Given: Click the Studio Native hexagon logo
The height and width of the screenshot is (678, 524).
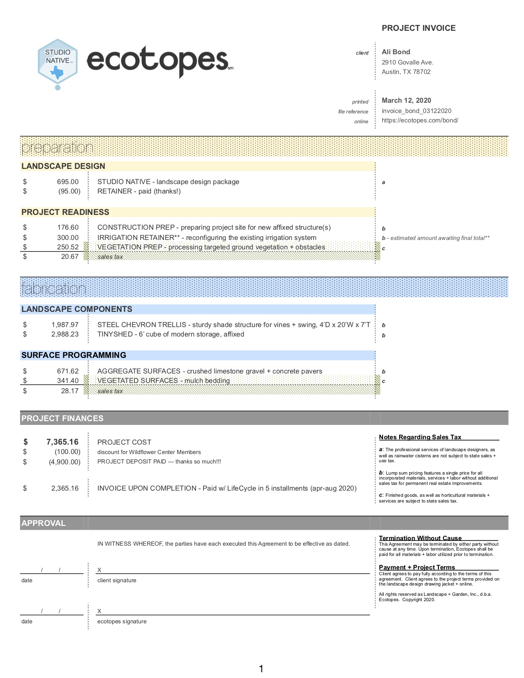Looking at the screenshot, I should pyautogui.click(x=58, y=62).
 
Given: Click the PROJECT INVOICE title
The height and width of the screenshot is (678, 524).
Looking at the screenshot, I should pyautogui.click(x=418, y=28).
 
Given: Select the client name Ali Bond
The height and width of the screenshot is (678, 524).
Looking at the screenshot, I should pyautogui.click(x=396, y=52).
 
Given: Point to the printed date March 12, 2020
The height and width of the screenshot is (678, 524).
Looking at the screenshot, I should pyautogui.click(x=406, y=101).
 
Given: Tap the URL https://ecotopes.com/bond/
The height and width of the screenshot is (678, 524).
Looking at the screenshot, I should pyautogui.click(x=420, y=121).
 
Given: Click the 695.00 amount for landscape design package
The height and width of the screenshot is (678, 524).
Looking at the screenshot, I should pyautogui.click(x=68, y=182).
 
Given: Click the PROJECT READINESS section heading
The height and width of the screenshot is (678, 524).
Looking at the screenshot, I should pyautogui.click(x=65, y=212).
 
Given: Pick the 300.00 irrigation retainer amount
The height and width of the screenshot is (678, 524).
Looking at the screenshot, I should pyautogui.click(x=68, y=238).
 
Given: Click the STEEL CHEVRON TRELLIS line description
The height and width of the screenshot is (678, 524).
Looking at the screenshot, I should pyautogui.click(x=233, y=325).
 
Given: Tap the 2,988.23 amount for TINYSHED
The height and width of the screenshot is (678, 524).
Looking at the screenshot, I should pyautogui.click(x=65, y=334).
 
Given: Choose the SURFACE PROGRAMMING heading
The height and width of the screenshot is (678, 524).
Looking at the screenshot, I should pyautogui.click(x=74, y=355).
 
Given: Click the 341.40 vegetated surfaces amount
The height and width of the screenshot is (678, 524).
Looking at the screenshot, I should pyautogui.click(x=68, y=381).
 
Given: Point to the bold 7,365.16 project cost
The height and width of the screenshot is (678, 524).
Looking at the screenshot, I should pyautogui.click(x=62, y=442).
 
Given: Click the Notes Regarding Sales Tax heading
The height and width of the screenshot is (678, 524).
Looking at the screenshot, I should pyautogui.click(x=420, y=437).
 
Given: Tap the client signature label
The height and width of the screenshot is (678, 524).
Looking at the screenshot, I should pyautogui.click(x=117, y=581).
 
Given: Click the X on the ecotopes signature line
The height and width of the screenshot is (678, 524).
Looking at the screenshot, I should pyautogui.click(x=99, y=611).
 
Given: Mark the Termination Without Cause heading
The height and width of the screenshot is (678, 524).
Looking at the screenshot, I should pyautogui.click(x=420, y=538).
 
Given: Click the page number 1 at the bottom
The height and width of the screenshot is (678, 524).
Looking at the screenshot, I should pyautogui.click(x=261, y=669).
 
